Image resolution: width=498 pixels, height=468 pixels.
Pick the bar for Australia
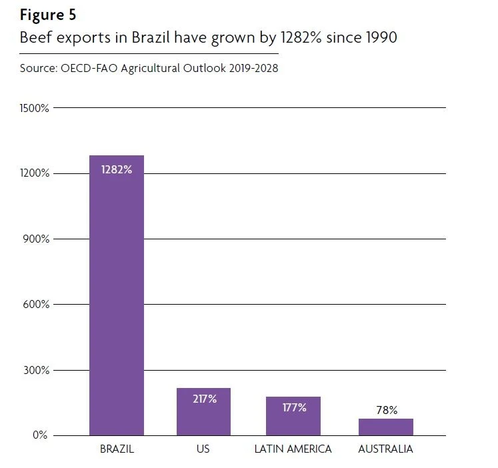(385, 427)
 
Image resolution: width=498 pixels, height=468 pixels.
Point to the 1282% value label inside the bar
(117, 169)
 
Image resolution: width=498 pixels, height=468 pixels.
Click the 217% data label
(203, 399)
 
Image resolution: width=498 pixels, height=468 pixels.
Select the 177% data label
(293, 407)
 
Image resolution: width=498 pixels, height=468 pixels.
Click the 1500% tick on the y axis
(33, 108)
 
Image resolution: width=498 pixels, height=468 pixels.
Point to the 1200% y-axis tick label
(33, 173)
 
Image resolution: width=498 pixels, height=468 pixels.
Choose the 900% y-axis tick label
(35, 239)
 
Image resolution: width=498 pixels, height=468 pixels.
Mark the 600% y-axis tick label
(35, 305)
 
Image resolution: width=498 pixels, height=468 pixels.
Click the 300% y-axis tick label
(35, 370)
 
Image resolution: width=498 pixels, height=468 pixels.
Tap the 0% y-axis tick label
(40, 435)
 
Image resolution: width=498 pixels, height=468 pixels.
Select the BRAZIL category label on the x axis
(117, 449)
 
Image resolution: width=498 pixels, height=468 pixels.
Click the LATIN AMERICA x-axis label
(293, 449)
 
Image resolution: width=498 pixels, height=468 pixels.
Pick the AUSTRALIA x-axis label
(385, 449)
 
